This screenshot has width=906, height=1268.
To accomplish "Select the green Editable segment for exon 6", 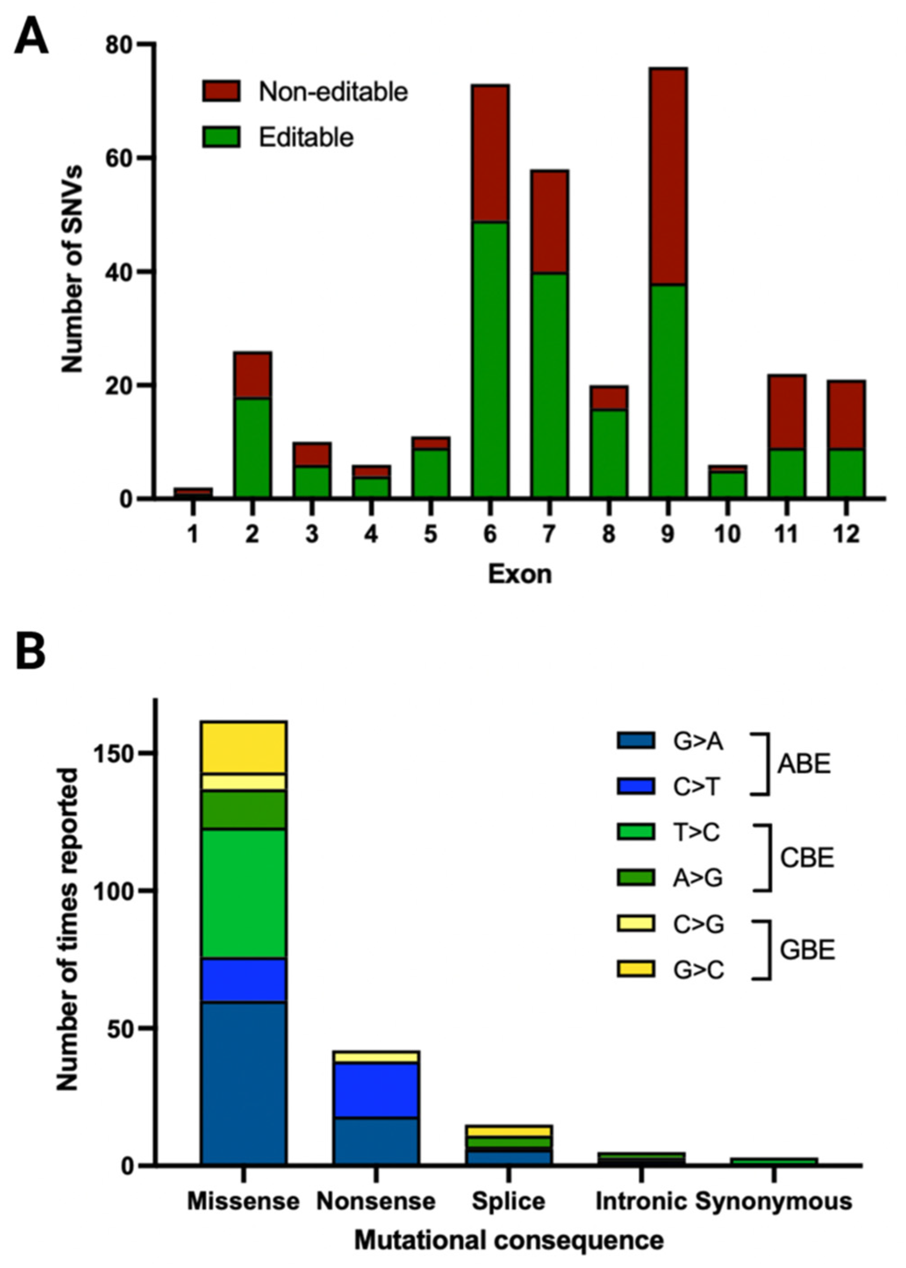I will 490,360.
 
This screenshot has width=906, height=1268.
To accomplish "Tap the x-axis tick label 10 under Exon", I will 727,534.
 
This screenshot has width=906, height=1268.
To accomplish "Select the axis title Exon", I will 520,574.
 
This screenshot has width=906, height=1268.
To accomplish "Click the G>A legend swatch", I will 635,741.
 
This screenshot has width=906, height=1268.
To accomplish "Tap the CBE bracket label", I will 806,859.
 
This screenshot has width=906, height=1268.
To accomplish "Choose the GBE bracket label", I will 807,951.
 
